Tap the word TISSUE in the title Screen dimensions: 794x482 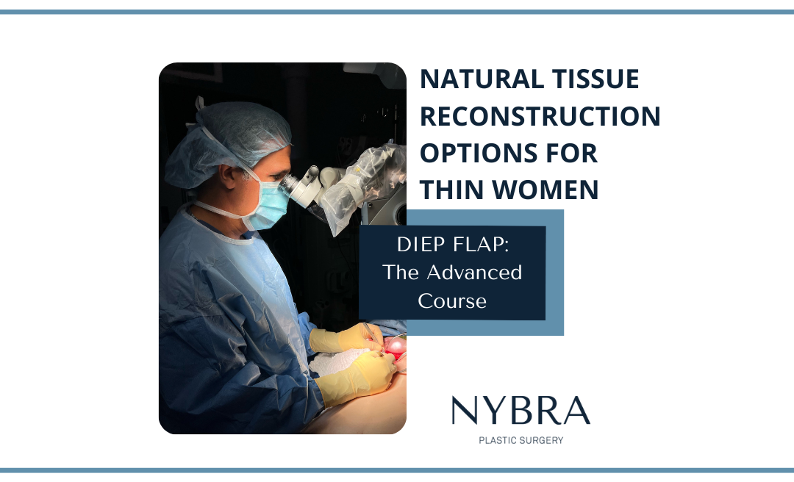595,79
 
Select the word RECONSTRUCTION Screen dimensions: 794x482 540,116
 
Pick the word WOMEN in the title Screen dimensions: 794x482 546,190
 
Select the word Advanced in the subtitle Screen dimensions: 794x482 474,273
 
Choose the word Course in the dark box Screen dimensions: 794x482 452,301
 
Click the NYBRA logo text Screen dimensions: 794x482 521,411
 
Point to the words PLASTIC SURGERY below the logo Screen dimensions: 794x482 521,440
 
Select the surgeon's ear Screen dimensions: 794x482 227,179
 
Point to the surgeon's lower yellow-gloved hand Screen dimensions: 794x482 357,379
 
